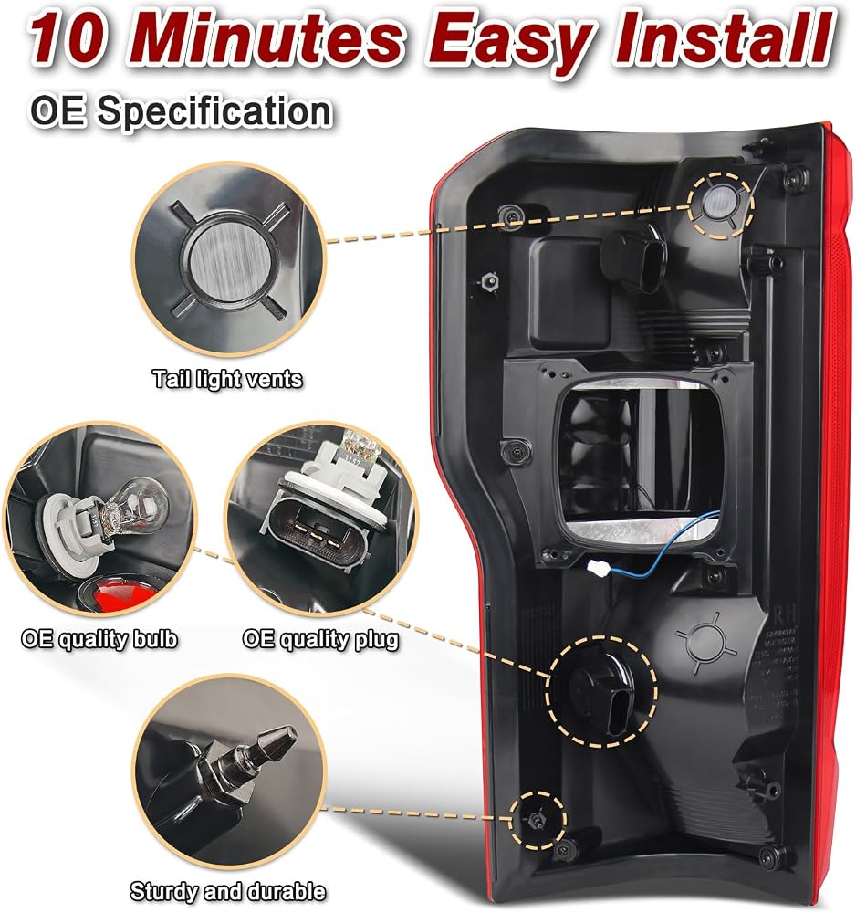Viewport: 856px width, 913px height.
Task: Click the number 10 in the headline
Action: click(68, 39)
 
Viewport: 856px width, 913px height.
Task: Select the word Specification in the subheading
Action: click(214, 111)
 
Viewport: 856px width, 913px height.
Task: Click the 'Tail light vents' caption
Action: click(227, 379)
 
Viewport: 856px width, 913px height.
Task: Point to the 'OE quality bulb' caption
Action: click(99, 639)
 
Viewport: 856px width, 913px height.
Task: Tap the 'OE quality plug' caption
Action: click(320, 639)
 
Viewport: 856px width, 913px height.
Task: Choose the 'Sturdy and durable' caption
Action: click(227, 891)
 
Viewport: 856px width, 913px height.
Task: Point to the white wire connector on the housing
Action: click(598, 567)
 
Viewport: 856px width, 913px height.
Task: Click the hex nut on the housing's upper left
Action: click(488, 282)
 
